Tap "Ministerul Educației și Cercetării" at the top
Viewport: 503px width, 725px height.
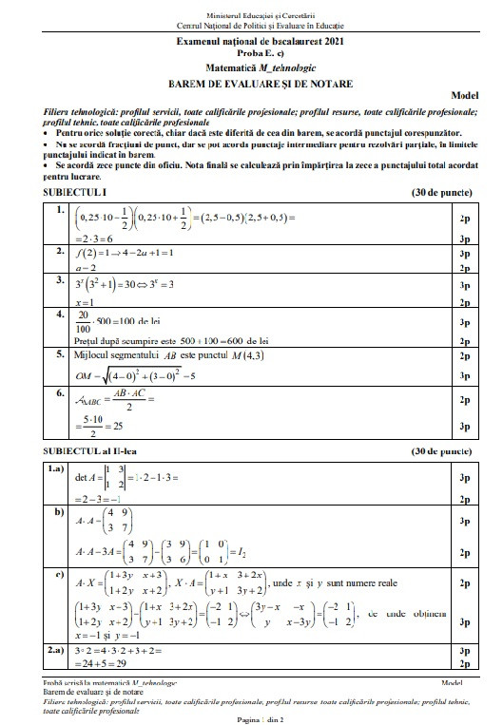click(252, 7)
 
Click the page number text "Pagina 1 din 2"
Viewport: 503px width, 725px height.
click(251, 718)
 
